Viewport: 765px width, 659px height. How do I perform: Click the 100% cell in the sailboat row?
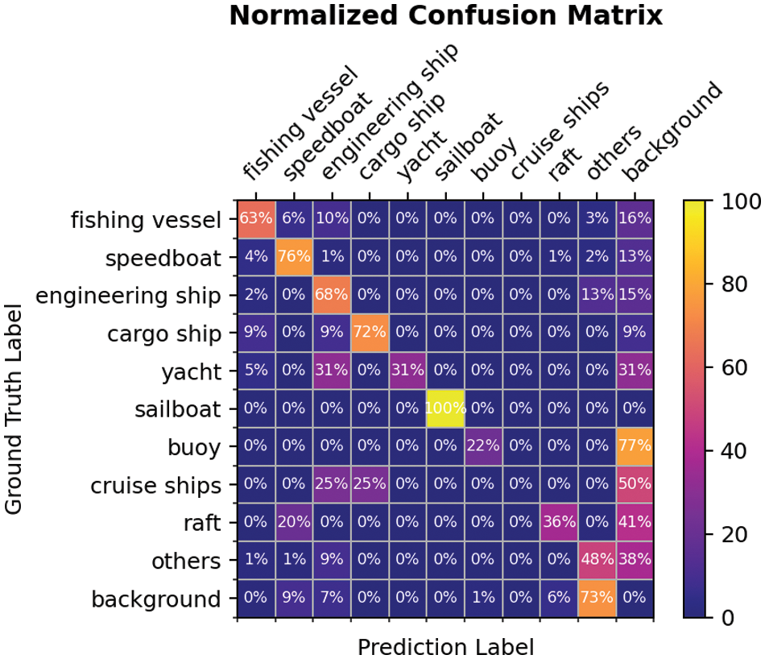tap(445, 408)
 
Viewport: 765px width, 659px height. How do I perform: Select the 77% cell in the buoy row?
tap(635, 446)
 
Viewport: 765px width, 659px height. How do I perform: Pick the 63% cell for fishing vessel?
tap(255, 218)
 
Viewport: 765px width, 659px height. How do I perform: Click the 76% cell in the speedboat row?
tap(293, 257)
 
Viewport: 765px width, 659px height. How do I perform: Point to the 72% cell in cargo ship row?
tap(370, 333)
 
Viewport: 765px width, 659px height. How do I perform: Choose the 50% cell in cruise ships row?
tap(635, 485)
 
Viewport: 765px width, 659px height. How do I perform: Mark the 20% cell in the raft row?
tap(293, 523)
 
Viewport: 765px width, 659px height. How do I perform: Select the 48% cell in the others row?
tap(598, 561)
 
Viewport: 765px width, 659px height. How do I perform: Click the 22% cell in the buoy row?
tap(483, 446)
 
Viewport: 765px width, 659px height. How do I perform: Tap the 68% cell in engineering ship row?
tap(332, 295)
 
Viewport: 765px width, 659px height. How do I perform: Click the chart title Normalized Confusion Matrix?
tap(445, 16)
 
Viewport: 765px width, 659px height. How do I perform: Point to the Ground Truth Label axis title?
tap(14, 408)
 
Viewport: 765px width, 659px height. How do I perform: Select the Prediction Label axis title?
tap(445, 646)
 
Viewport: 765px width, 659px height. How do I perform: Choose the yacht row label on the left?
tap(191, 371)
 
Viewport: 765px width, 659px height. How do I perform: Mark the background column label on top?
tap(672, 133)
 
